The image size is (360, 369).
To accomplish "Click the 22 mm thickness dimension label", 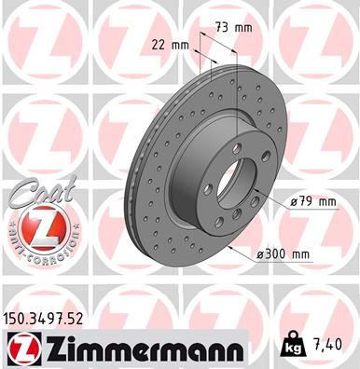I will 168,44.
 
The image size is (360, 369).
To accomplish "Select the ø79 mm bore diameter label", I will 312,200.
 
